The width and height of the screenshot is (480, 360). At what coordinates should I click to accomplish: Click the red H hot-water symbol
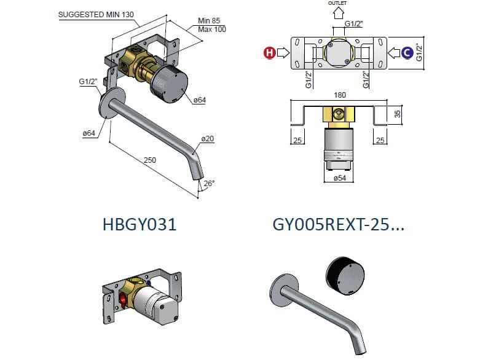[x=269, y=53]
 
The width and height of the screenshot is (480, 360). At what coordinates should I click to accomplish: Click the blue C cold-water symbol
[x=406, y=53]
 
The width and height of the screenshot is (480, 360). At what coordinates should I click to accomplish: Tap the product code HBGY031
[x=140, y=225]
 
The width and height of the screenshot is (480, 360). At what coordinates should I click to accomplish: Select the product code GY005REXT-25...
[x=338, y=225]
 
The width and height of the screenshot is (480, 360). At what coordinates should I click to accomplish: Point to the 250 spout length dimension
[x=150, y=160]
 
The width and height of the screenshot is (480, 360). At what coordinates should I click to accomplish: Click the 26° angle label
[x=210, y=183]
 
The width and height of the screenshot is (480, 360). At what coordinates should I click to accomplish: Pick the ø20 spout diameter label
[x=208, y=139]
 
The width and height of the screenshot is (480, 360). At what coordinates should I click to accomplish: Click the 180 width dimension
[x=340, y=95]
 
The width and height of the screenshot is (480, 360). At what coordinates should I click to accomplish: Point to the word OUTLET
[x=337, y=3]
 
